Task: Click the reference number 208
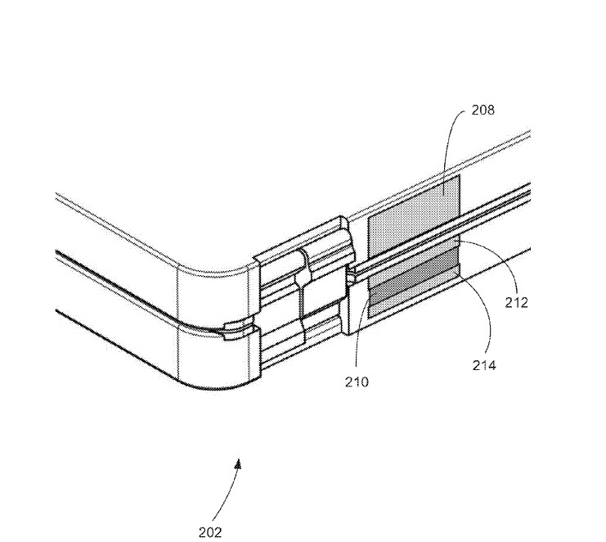[x=483, y=111]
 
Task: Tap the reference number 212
[x=516, y=302]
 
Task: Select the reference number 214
[x=484, y=365]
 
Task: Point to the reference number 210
[x=357, y=382]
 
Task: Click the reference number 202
[x=210, y=532]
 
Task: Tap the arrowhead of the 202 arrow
[x=239, y=464]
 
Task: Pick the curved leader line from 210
[x=357, y=329]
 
